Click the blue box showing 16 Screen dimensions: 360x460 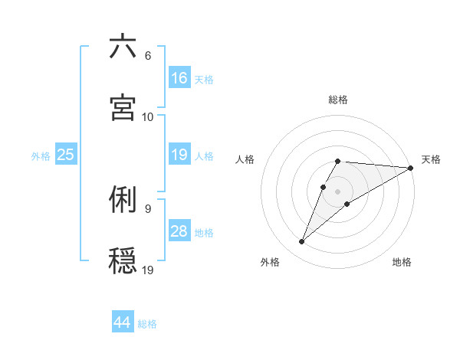[179, 78]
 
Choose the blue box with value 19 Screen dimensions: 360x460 [179, 155]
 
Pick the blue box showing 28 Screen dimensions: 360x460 [179, 231]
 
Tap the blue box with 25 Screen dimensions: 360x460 [66, 155]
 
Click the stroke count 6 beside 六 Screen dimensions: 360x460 [147, 56]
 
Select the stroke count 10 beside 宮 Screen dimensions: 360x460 [148, 116]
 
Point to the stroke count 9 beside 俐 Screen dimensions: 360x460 [147, 208]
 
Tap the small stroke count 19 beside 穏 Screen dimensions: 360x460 [148, 269]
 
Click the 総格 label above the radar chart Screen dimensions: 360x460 [338, 100]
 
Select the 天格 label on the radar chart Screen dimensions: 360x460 [431, 159]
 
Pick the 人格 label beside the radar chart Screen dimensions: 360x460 [245, 159]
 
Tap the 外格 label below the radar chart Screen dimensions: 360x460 [270, 262]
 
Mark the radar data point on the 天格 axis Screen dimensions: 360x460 [411, 168]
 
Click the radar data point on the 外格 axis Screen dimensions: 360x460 [302, 242]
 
